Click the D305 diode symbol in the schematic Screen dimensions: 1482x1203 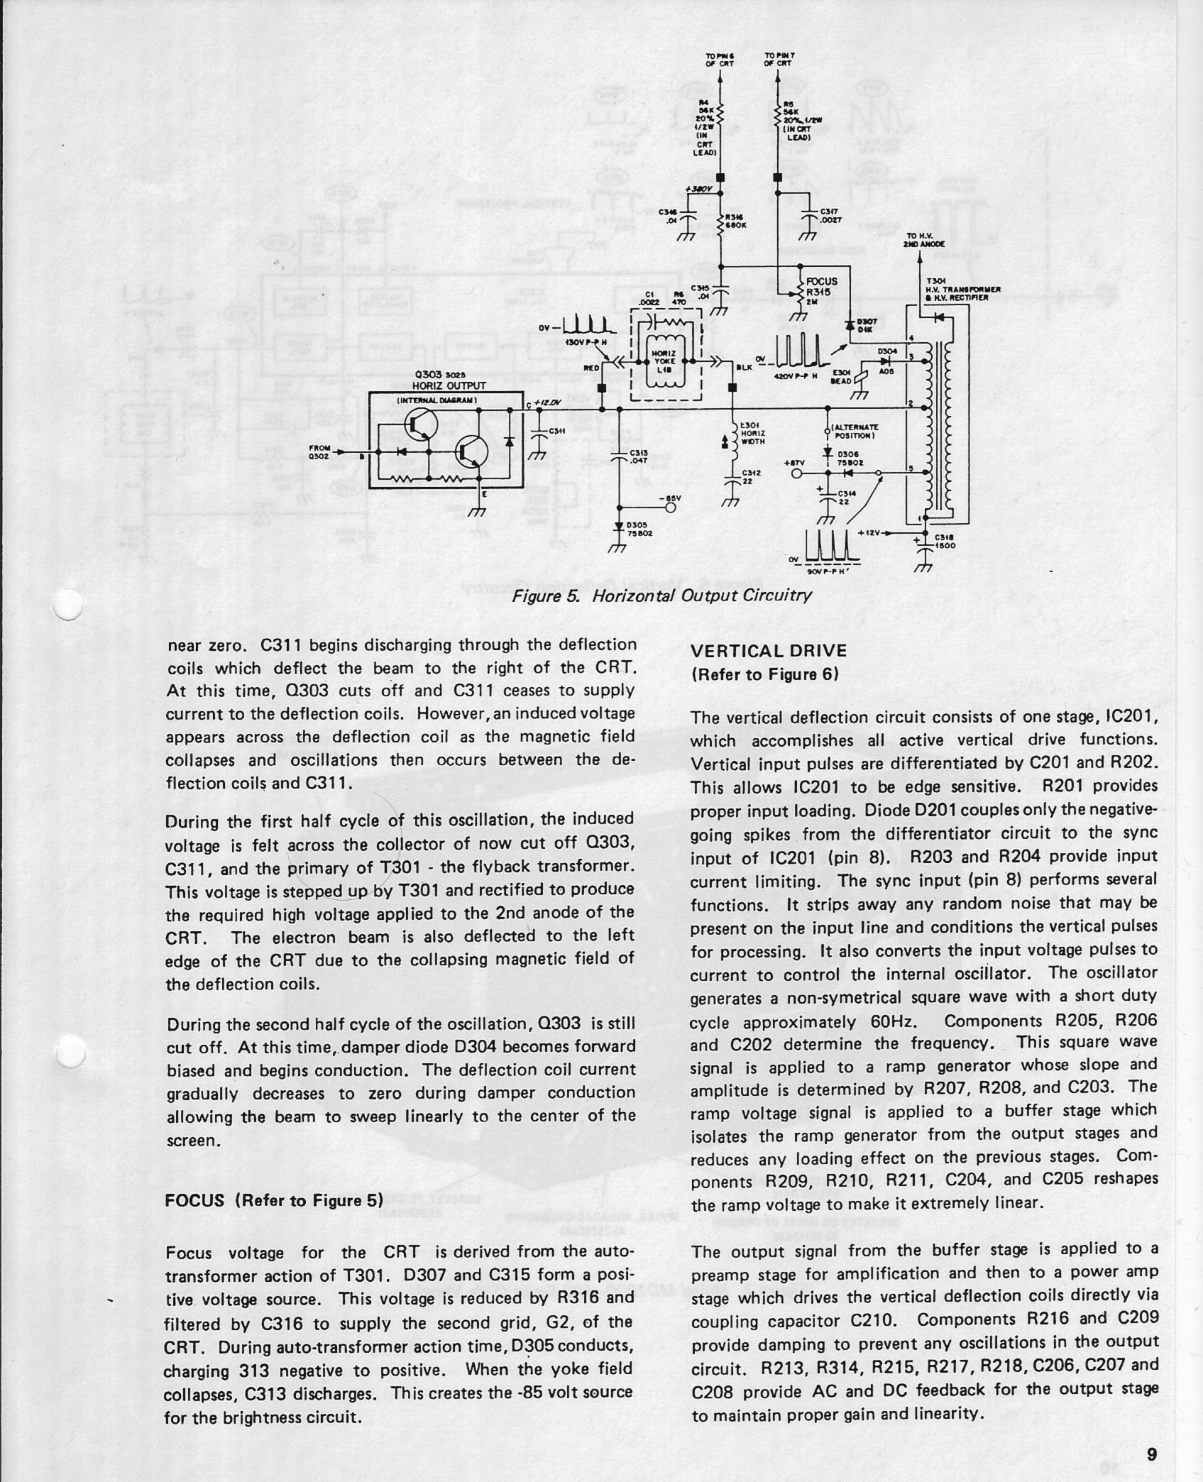point(620,526)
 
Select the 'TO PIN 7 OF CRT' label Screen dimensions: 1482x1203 point(779,59)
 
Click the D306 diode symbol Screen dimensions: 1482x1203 point(828,453)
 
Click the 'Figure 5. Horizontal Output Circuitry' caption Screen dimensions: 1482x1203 point(661,595)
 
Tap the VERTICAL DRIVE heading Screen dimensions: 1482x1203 point(769,651)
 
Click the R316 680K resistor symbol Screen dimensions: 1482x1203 point(720,222)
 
